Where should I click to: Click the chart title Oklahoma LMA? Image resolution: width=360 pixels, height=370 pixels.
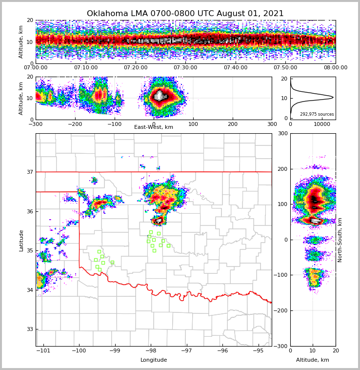(x=185, y=14)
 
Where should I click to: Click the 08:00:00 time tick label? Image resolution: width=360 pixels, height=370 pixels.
(x=335, y=68)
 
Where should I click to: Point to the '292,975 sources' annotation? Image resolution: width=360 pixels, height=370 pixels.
(x=317, y=114)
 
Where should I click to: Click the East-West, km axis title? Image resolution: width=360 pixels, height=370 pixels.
(x=154, y=127)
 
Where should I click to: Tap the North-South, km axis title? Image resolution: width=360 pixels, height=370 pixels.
(x=340, y=240)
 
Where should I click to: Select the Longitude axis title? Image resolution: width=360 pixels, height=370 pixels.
(x=154, y=360)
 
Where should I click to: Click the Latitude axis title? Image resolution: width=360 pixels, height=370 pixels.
(x=21, y=240)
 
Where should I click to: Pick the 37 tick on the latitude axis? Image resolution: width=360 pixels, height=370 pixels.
(x=29, y=172)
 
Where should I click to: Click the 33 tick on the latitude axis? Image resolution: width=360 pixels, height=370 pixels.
(x=29, y=329)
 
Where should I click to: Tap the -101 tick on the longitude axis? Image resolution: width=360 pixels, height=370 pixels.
(x=43, y=350)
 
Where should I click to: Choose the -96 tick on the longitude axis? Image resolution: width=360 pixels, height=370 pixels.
(x=222, y=350)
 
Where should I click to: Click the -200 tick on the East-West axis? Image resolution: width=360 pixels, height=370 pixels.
(x=75, y=124)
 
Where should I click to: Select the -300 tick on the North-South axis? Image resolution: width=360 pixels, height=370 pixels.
(x=282, y=346)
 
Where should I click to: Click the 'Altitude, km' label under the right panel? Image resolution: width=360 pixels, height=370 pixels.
(x=313, y=360)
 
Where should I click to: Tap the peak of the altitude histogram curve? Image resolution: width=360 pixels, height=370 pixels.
(x=333, y=98)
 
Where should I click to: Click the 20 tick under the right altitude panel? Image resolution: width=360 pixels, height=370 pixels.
(x=336, y=350)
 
